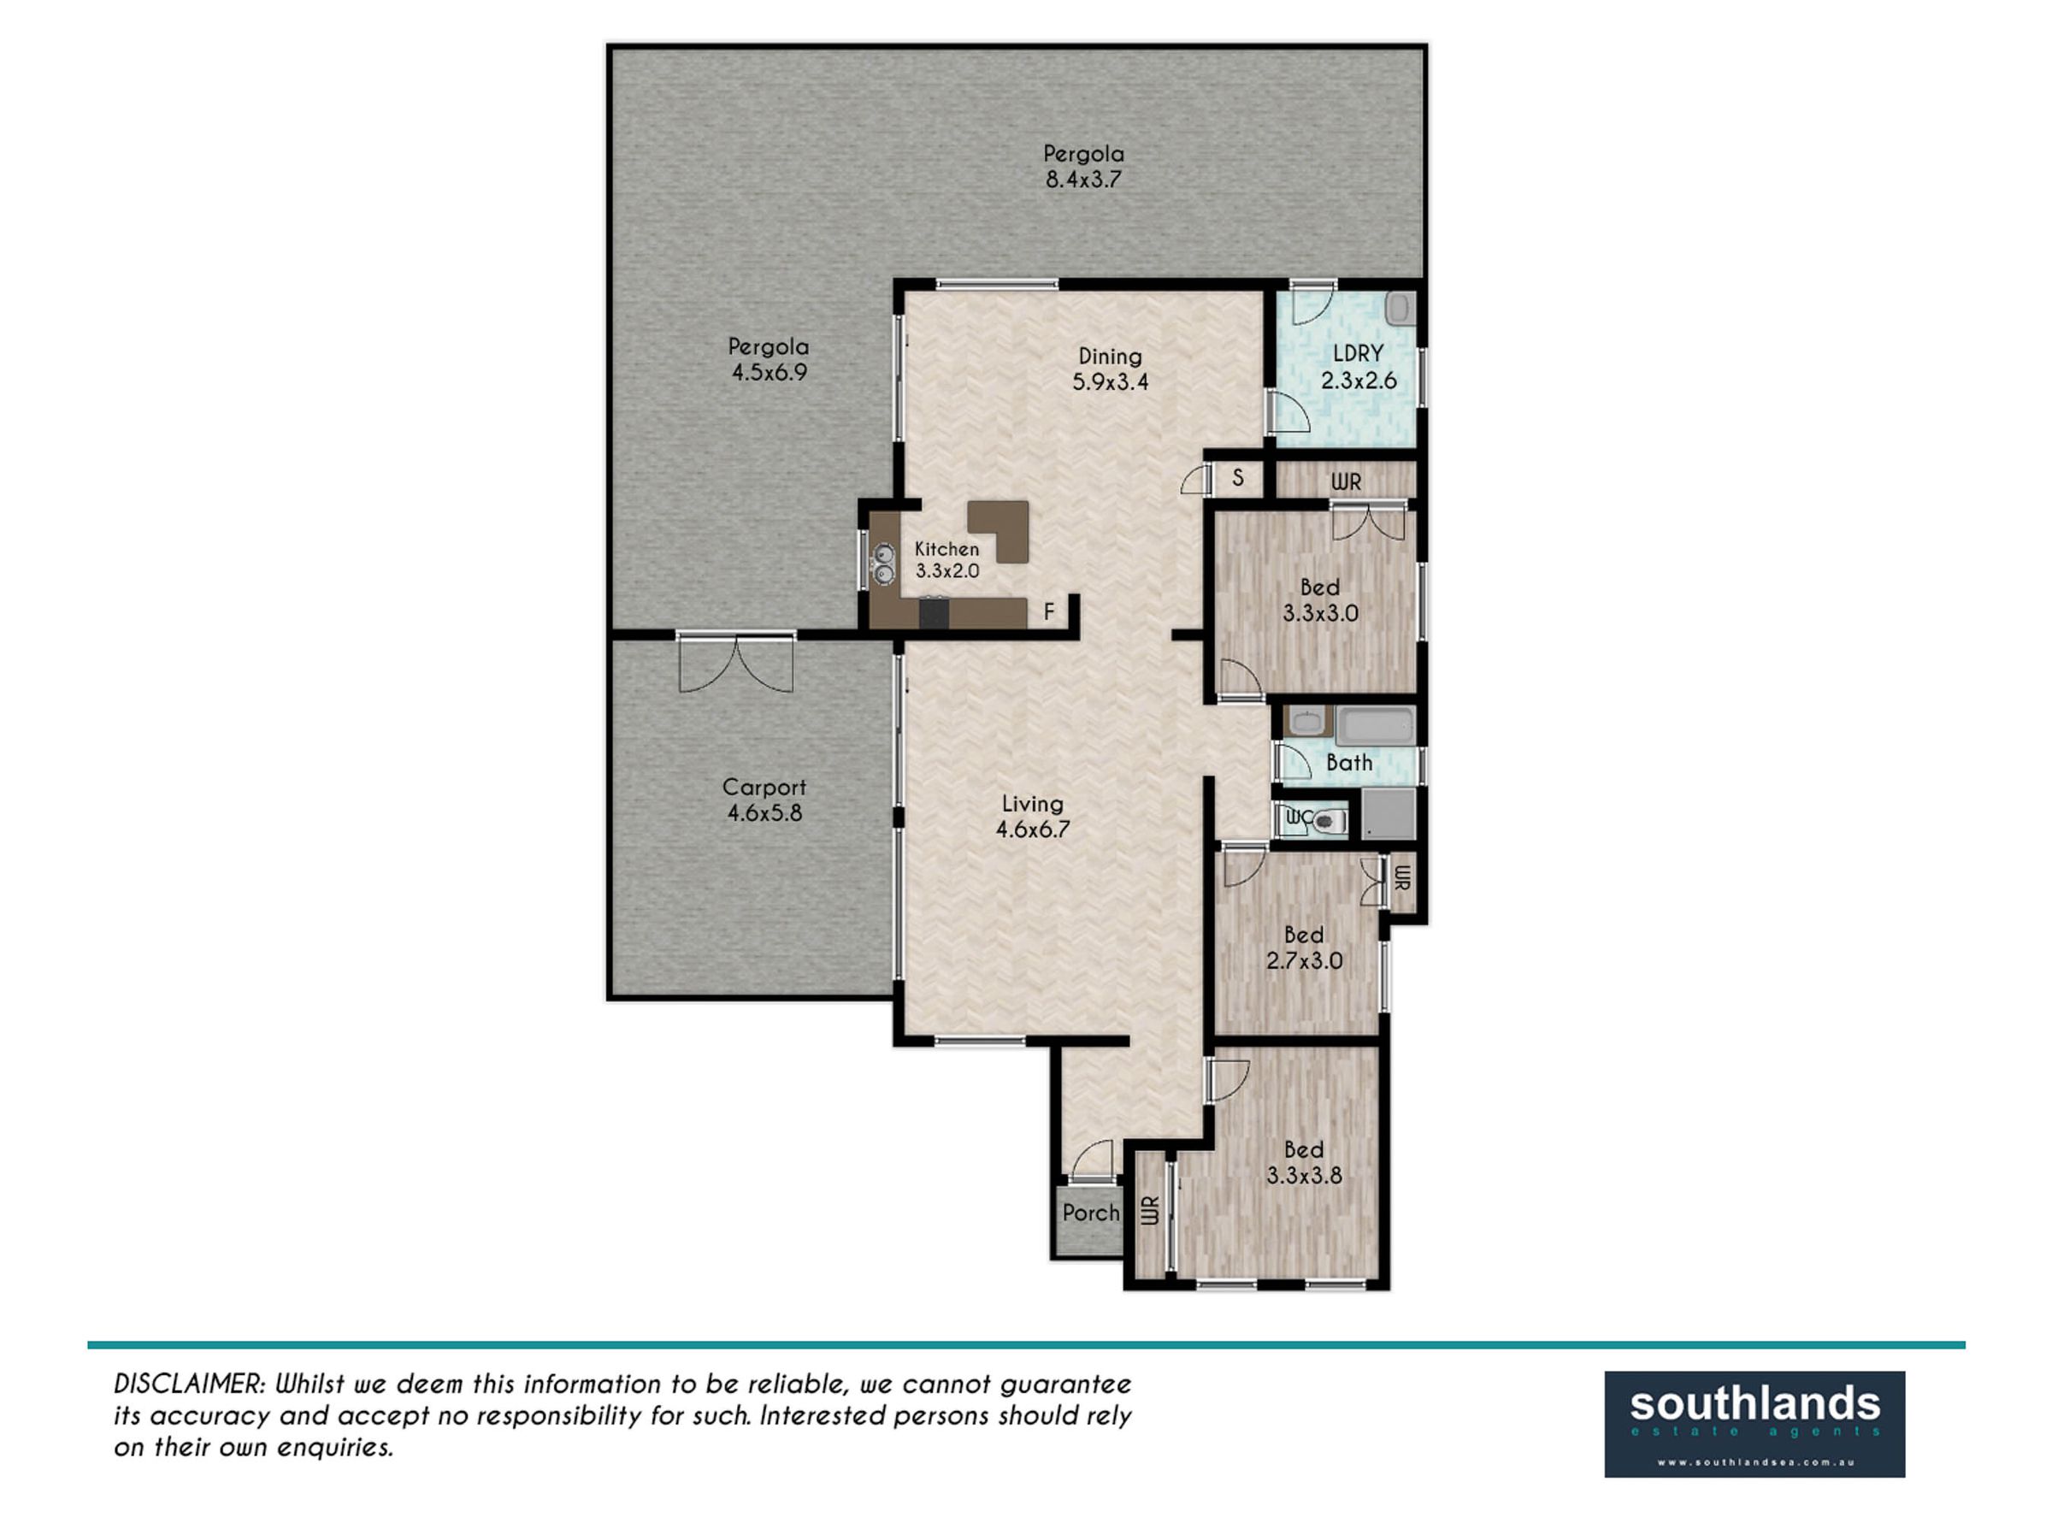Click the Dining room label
[1110, 356]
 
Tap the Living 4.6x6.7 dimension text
[1033, 829]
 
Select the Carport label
[764, 788]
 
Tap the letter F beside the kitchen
[1048, 611]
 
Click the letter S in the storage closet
[1238, 477]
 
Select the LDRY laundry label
[1358, 353]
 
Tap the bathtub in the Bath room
[1376, 727]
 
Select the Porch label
[1090, 1213]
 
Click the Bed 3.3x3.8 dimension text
[1304, 1176]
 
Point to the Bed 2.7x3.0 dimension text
[1304, 960]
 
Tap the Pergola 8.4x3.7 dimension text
[1083, 180]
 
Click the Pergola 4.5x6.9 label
[768, 359]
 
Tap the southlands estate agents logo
[1754, 1425]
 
